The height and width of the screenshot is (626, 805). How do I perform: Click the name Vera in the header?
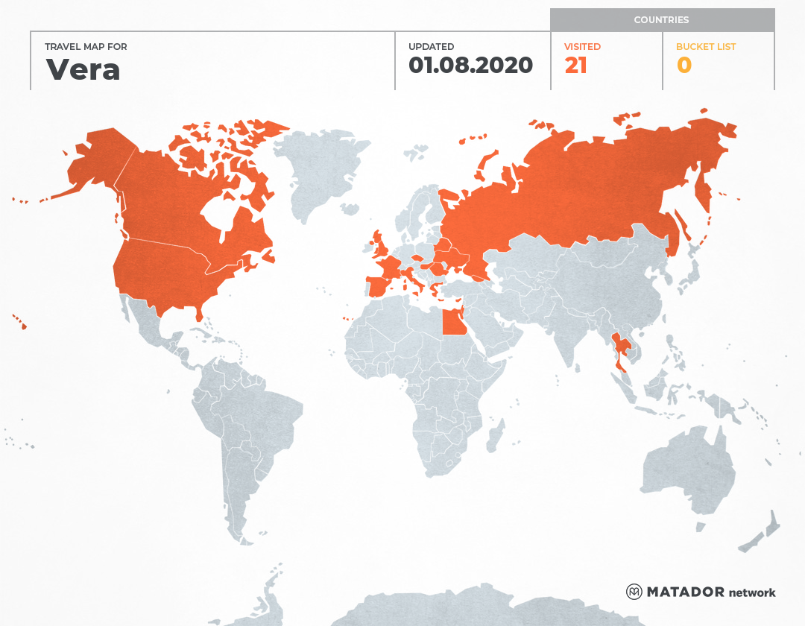click(83, 69)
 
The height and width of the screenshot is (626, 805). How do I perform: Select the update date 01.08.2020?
click(470, 66)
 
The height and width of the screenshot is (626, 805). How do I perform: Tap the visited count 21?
click(575, 66)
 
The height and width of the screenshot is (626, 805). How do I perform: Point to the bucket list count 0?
click(684, 66)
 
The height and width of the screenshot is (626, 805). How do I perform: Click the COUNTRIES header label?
click(661, 20)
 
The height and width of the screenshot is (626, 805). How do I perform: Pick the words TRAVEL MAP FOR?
click(86, 47)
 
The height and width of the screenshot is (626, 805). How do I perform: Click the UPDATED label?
click(431, 47)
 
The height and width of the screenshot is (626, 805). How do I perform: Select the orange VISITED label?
click(582, 47)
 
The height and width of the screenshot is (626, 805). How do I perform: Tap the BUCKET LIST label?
click(705, 47)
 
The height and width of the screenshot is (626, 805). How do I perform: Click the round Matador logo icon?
click(634, 592)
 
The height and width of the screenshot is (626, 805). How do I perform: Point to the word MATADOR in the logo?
click(685, 592)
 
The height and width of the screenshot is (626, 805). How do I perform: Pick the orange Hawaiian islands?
click(22, 324)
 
